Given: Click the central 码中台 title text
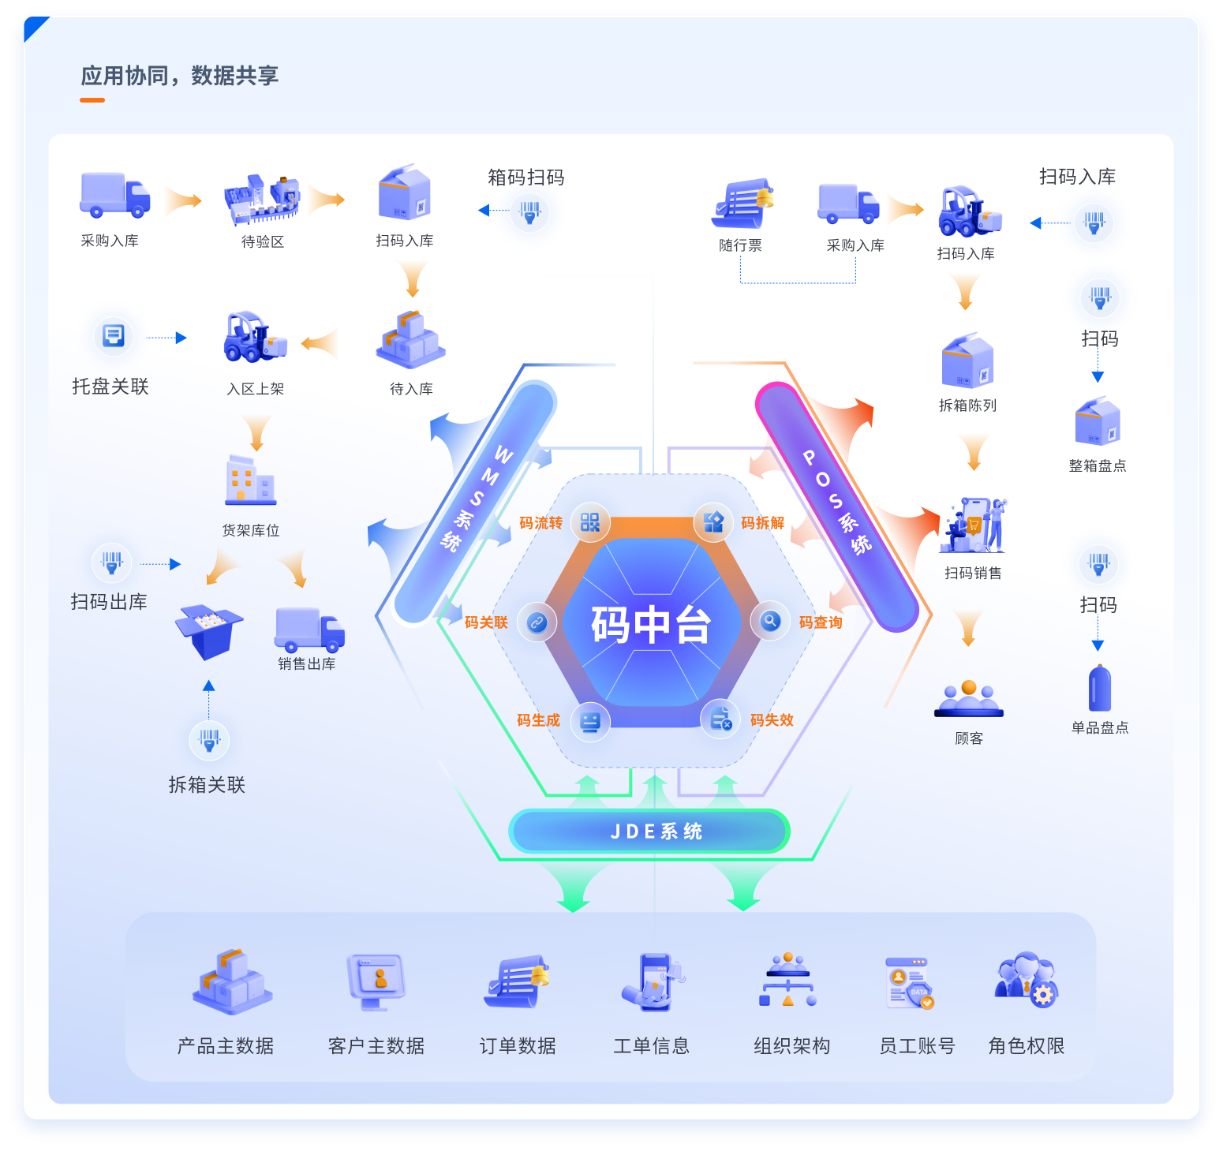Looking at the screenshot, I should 651,625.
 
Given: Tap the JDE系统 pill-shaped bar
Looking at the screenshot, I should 649,831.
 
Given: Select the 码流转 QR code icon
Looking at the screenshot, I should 590,522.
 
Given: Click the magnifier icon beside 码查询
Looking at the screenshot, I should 770,622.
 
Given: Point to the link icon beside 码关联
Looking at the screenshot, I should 537,622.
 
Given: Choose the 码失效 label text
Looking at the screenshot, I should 772,720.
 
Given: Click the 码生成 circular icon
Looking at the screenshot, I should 590,721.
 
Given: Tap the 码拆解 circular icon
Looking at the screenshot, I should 713,521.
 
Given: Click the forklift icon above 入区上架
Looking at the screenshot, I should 254,338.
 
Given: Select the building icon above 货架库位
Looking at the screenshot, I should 251,480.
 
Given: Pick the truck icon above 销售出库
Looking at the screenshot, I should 309,629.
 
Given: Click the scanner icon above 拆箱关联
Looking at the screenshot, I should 209,740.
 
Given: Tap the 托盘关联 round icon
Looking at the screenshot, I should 114,337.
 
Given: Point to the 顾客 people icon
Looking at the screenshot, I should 969,699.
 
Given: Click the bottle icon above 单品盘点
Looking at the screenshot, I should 1099,689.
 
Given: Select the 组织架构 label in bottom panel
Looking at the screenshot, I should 791,1046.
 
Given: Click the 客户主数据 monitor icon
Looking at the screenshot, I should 377,981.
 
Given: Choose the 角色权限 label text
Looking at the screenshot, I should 1027,1046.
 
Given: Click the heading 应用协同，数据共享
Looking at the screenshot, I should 180,76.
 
